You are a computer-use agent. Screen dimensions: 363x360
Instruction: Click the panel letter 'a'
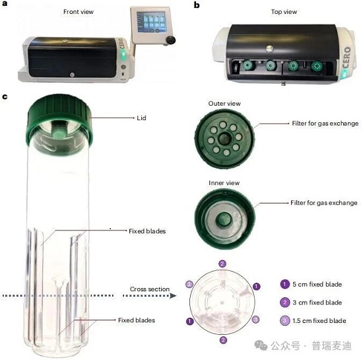pos(5,3)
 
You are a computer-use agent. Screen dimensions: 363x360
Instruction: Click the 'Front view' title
pos(79,12)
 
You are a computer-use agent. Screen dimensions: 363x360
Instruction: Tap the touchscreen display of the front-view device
pos(152,22)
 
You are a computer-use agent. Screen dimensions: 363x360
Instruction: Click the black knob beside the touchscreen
pos(171,40)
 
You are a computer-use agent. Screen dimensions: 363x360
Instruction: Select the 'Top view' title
pos(284,12)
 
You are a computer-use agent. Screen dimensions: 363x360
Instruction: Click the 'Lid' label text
pos(141,118)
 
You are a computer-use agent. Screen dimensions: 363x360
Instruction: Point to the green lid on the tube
pos(59,120)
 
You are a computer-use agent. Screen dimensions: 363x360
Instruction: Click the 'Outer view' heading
pos(224,104)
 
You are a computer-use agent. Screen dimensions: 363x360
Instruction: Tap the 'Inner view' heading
pos(224,183)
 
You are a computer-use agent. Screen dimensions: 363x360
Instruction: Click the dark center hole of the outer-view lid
pos(224,139)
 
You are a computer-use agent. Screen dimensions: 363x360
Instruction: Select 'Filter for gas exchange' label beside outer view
pos(325,124)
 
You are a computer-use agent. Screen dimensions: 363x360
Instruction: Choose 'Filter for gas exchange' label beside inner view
pos(324,203)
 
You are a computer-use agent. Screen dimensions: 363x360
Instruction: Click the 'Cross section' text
pos(150,289)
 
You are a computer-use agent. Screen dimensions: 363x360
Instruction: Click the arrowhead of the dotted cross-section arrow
pos(173,296)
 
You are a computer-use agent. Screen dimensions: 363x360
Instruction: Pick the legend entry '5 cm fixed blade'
pos(311,284)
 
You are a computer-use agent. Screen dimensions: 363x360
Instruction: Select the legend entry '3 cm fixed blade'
pos(311,303)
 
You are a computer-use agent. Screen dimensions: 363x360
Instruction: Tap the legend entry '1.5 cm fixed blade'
pos(313,321)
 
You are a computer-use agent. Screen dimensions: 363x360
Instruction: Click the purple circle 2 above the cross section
pos(222,264)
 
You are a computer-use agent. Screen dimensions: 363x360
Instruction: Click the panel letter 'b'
pos(197,5)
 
